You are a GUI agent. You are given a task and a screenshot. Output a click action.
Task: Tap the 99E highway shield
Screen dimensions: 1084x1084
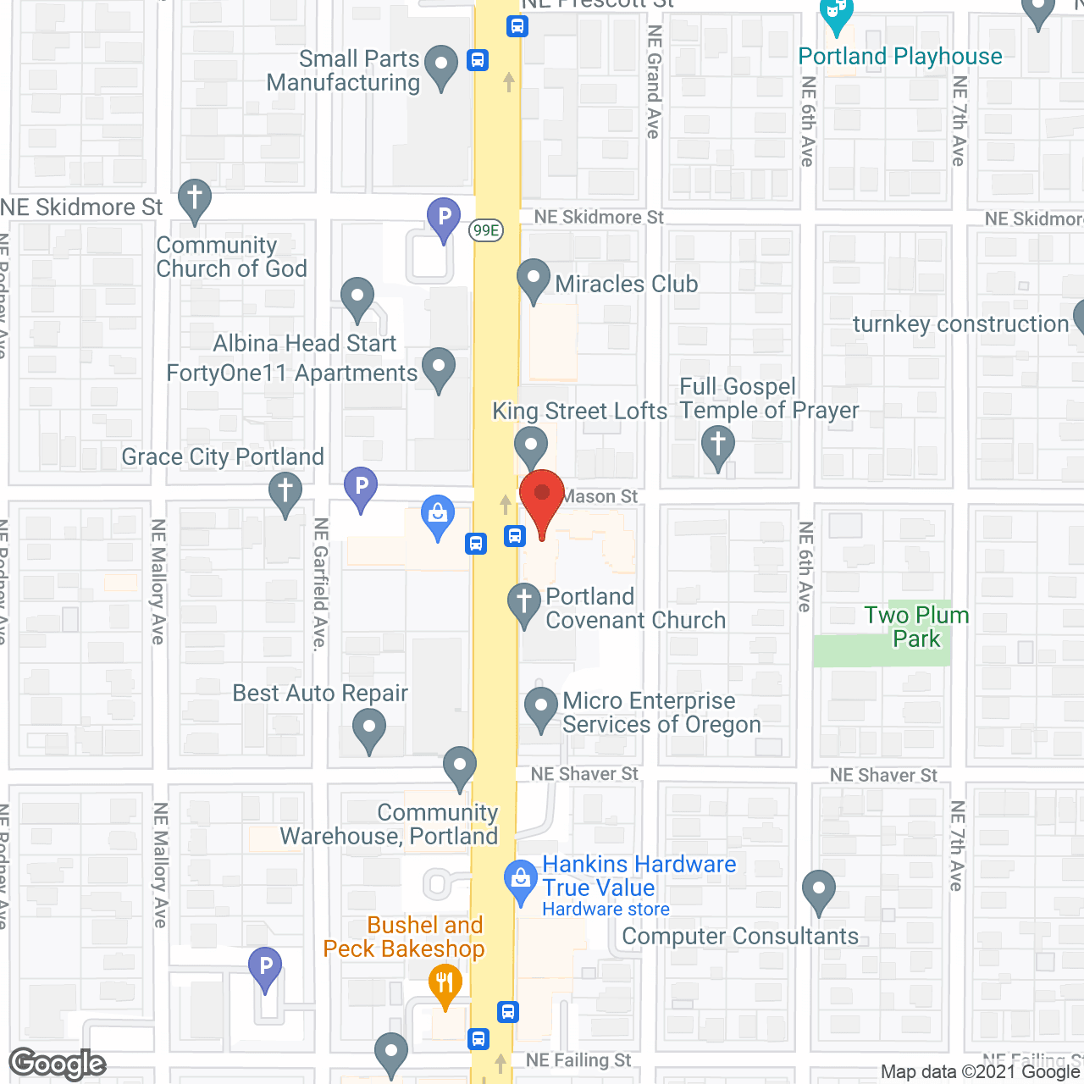coord(486,230)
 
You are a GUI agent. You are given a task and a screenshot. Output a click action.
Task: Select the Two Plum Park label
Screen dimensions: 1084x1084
coord(916,627)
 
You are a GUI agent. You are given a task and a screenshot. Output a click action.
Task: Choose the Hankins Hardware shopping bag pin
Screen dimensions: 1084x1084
coord(521,881)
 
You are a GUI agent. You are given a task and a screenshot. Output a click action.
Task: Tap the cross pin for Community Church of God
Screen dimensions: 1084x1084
coord(195,200)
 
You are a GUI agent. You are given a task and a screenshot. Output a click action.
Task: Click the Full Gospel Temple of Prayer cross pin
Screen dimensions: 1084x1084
coord(718,445)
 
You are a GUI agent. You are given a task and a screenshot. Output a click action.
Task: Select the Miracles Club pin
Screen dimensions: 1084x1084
coord(534,279)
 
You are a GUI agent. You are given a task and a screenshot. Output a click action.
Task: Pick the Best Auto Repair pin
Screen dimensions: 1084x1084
coord(369,728)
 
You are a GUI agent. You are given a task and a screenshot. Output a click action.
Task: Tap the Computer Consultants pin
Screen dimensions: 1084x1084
coord(819,890)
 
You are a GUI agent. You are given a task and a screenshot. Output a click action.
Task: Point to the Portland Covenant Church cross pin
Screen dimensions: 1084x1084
coord(524,604)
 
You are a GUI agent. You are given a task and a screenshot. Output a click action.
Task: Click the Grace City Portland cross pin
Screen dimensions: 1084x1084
coord(285,491)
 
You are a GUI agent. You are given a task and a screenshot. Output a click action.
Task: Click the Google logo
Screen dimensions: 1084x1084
coord(58,1064)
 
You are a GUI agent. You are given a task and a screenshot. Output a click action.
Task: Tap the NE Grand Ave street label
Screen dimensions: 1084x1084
coord(653,81)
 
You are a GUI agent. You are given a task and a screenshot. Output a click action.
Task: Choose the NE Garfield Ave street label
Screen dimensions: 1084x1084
coord(320,584)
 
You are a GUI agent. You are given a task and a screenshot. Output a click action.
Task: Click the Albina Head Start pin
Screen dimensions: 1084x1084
coord(357,298)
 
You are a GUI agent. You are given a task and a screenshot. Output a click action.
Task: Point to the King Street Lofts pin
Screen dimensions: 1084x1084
coord(531,445)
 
